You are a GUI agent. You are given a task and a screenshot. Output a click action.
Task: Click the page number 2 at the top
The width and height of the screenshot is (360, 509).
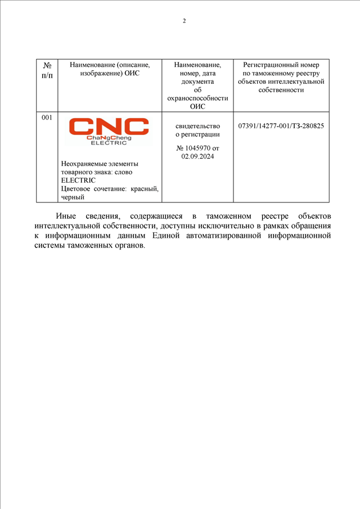point(184,21)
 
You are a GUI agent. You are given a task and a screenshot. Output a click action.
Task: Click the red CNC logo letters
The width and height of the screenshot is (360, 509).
point(109,127)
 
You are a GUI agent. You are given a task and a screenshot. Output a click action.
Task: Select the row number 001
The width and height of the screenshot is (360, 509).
point(47,118)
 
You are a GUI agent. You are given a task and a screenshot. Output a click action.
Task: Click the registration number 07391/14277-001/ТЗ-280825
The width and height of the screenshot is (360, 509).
point(281,126)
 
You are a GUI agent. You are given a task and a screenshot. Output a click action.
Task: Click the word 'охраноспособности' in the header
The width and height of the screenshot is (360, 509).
point(197,98)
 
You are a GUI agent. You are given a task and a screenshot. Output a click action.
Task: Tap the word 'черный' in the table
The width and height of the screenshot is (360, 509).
point(73,197)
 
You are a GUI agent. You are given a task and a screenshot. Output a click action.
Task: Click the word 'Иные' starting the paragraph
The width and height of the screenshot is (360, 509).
point(66,216)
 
